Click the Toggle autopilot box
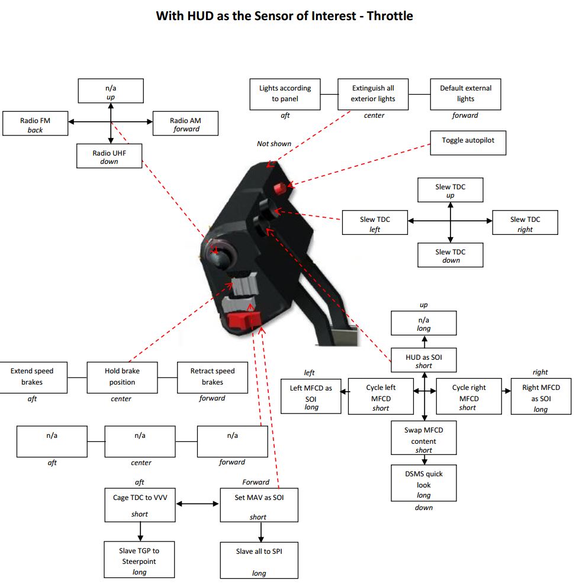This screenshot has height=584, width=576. (x=468, y=143)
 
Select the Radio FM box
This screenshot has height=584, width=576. (x=35, y=123)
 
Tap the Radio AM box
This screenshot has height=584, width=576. (x=185, y=123)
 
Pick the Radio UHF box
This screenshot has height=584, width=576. (x=109, y=156)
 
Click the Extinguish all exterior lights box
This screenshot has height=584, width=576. (x=373, y=94)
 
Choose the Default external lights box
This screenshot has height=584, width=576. (x=465, y=94)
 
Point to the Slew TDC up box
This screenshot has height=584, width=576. (x=450, y=190)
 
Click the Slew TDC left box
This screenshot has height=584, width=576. (x=375, y=222)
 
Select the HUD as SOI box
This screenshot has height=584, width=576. (x=424, y=360)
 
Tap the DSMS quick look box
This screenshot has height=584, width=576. (x=424, y=483)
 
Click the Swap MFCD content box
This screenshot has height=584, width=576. (x=424, y=438)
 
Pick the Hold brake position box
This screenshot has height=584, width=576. (x=122, y=377)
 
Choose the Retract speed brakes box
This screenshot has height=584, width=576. (x=213, y=377)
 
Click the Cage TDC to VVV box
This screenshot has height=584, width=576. (x=140, y=505)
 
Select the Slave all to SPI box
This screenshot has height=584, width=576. (x=259, y=560)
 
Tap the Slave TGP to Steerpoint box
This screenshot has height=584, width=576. (x=139, y=559)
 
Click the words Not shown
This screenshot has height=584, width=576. (x=274, y=144)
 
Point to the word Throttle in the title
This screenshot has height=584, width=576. (x=390, y=16)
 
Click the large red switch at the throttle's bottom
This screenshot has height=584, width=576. (x=244, y=320)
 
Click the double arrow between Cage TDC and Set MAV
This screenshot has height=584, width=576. (x=197, y=504)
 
